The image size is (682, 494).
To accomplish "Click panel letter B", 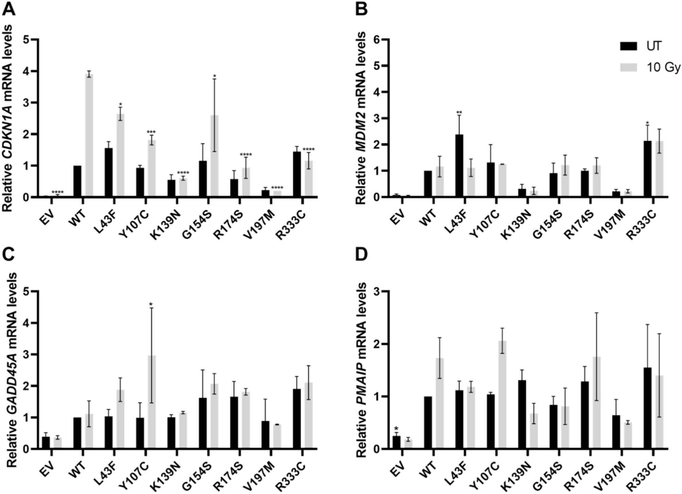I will point(361,10).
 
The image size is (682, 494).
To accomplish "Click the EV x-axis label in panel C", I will point(46,466).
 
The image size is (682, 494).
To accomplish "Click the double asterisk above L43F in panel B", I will point(459,112).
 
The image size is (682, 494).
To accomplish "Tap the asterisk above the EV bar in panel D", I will point(396,429).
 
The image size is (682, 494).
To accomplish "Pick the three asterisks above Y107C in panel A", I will point(151,132).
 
